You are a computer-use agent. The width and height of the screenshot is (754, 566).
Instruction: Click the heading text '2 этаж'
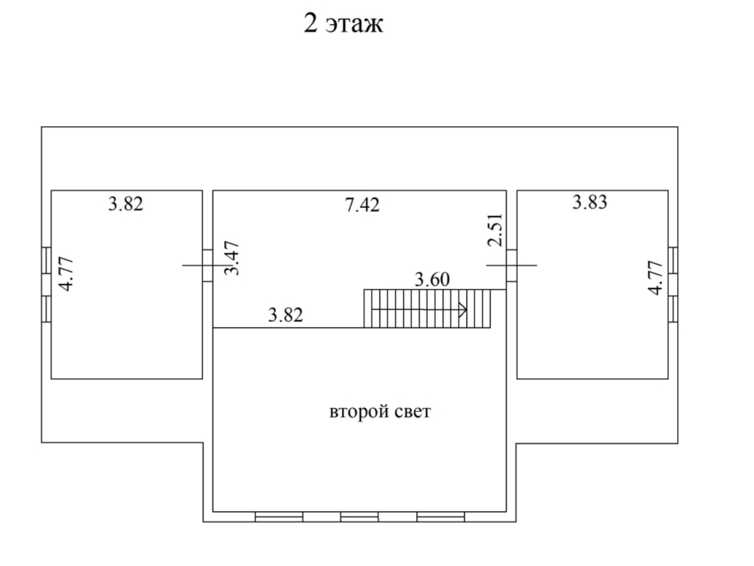click(x=343, y=24)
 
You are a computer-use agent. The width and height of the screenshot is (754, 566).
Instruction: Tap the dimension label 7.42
click(x=362, y=205)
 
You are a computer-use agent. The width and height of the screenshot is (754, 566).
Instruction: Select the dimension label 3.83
click(x=589, y=202)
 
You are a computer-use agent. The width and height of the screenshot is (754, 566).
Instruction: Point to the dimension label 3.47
click(x=231, y=258)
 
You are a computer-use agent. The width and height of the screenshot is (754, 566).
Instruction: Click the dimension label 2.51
click(x=495, y=230)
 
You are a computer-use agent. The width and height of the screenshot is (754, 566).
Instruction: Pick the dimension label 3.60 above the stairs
click(x=432, y=279)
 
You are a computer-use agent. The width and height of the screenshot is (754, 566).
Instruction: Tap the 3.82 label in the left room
click(x=125, y=204)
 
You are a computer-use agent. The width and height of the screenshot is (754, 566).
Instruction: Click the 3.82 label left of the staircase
click(x=285, y=315)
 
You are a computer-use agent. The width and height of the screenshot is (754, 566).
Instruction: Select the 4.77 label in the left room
click(x=66, y=274)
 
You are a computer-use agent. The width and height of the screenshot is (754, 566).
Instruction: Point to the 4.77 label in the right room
click(x=655, y=278)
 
